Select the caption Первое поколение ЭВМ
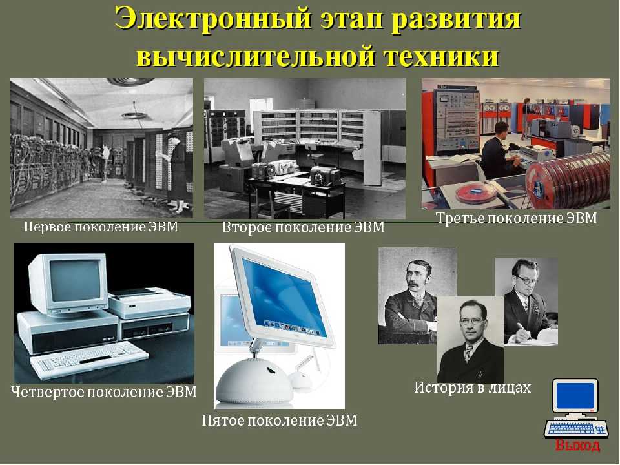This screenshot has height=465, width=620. point(101,227)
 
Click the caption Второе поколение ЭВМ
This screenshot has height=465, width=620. point(304,228)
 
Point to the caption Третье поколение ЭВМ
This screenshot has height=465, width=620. point(516,218)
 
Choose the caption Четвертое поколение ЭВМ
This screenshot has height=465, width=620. point(104,392)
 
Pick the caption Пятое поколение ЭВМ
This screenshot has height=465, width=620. point(280,420)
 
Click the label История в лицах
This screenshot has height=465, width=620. point(473,387)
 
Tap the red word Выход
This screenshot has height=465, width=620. point(577,445)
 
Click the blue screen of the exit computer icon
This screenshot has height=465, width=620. point(575,395)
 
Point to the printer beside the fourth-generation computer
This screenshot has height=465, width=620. point(149,303)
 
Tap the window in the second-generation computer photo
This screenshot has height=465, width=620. point(260,110)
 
